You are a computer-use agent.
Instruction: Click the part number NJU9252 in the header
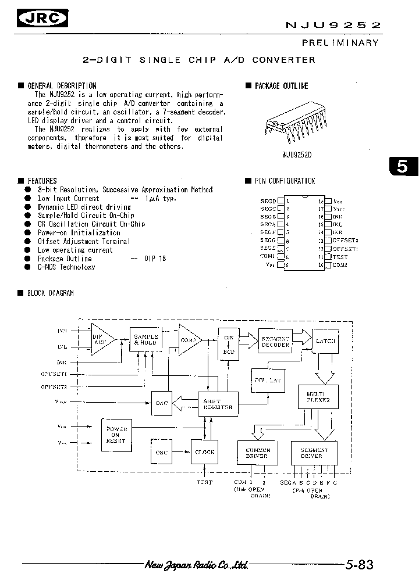(333, 25)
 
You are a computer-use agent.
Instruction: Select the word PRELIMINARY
(340, 42)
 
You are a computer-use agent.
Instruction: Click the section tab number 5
(403, 166)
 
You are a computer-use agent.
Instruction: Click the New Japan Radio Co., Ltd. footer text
(197, 565)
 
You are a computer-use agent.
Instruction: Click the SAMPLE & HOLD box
(145, 340)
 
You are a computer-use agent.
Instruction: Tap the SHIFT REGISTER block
(218, 404)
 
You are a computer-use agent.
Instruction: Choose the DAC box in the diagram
(162, 404)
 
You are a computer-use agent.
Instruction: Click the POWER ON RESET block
(116, 434)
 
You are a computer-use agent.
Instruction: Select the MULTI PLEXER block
(318, 397)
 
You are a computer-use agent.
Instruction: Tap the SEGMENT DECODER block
(275, 342)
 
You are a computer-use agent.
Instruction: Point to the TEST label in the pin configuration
(340, 256)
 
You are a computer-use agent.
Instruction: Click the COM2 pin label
(340, 265)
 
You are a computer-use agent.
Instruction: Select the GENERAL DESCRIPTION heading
(62, 85)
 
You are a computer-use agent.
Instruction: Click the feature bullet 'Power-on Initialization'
(79, 232)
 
